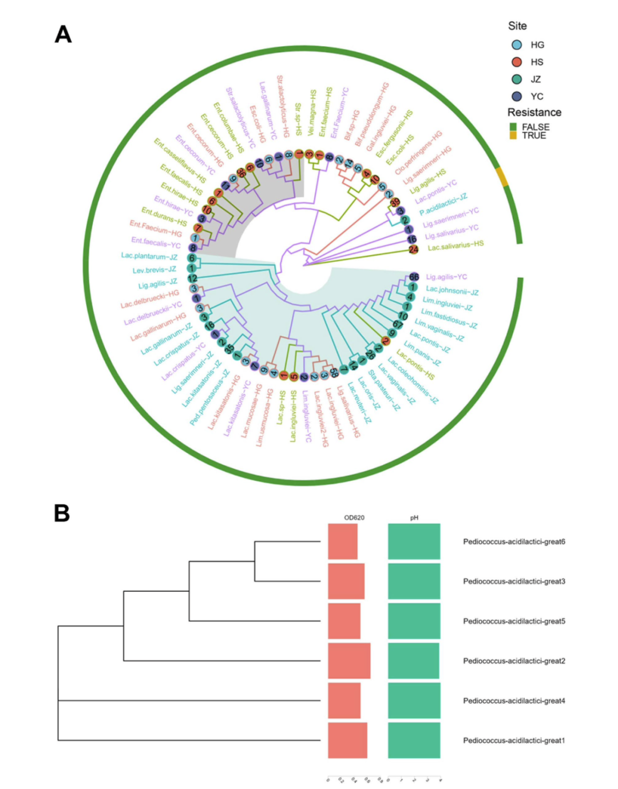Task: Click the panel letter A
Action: [x=63, y=35]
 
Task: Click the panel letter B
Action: [x=62, y=513]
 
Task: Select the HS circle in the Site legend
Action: [x=517, y=62]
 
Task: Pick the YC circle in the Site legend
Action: [x=517, y=97]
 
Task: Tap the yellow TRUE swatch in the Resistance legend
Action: [x=513, y=136]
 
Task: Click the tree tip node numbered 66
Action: [x=414, y=277]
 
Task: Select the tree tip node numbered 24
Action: [x=413, y=249]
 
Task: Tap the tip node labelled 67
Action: [x=398, y=325]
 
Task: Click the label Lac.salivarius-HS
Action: [x=455, y=245]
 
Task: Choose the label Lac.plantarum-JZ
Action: [x=149, y=256]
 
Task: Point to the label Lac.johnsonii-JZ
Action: [x=452, y=290]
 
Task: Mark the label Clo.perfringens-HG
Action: [x=418, y=152]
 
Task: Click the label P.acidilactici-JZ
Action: [x=443, y=205]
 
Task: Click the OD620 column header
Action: [x=354, y=518]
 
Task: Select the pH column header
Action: [x=414, y=518]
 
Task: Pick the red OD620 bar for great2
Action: [x=349, y=661]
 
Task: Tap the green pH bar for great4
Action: [x=414, y=700]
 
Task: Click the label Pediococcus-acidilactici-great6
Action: [x=514, y=542]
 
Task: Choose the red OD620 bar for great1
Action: [x=347, y=740]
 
